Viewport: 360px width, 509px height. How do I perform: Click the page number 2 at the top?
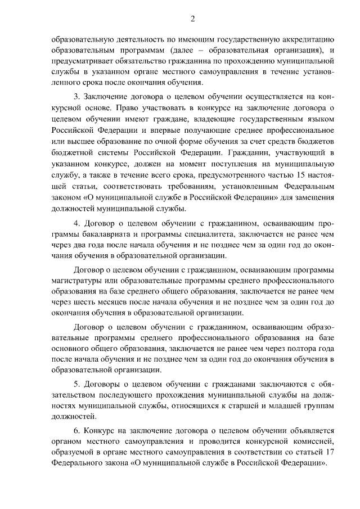pyautogui.click(x=192, y=18)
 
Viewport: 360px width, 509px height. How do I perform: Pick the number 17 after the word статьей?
pyautogui.click(x=330, y=453)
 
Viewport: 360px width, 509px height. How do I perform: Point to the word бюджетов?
pyautogui.click(x=317, y=143)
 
